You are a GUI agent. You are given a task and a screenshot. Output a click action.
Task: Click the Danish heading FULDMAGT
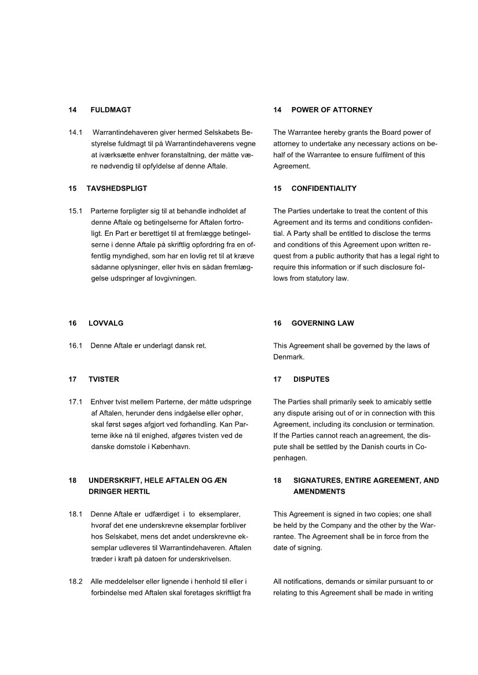point(111,110)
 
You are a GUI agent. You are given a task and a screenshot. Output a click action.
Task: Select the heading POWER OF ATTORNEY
point(332,110)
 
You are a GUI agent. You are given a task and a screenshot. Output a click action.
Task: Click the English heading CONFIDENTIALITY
point(323,188)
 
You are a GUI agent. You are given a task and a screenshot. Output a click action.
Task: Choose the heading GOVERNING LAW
point(322,323)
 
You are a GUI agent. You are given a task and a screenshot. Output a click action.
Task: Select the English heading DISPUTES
point(311,379)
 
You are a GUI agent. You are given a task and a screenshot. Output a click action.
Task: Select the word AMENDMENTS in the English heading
point(319,491)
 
